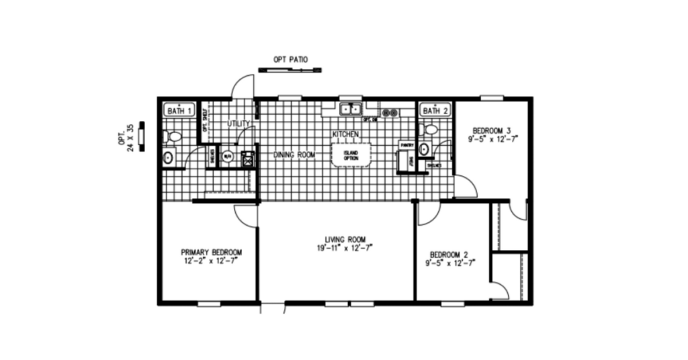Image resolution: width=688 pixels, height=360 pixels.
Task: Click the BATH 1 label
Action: pos(179,110)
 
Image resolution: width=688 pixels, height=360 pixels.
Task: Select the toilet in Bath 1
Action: pos(173,136)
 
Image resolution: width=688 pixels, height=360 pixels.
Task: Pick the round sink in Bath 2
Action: pos(424,148)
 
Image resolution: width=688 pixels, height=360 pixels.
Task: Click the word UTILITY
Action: pos(239,124)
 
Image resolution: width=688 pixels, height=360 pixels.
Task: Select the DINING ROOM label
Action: pos(294,155)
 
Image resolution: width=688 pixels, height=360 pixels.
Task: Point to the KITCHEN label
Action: pos(345,134)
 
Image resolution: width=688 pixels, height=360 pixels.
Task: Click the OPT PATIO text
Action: pos(290,60)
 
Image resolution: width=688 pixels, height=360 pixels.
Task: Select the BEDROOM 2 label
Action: pos(448,255)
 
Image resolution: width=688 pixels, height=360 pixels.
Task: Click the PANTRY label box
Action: pos(406,144)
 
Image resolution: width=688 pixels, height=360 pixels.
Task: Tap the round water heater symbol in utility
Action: pos(227,158)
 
